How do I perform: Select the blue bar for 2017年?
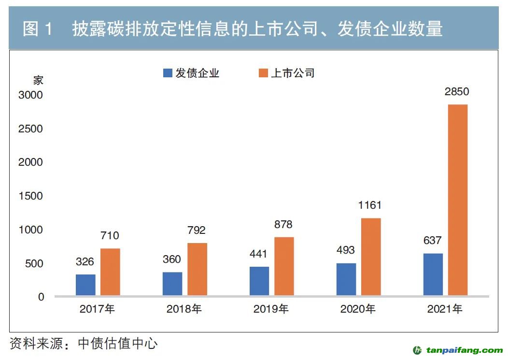pos(85,285)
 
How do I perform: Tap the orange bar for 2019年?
pos(284,266)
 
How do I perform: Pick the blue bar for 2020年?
pos(346,279)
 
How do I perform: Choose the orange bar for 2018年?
pos(197,269)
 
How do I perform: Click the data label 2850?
pos(457,92)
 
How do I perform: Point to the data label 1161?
pos(370,205)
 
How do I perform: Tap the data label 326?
pos(85,262)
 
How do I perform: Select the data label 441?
pos(259,254)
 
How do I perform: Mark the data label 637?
pos(433,241)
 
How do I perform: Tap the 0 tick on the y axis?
pos(41,297)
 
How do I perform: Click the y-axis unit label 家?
pos(38,80)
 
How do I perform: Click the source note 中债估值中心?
pos(118,344)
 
